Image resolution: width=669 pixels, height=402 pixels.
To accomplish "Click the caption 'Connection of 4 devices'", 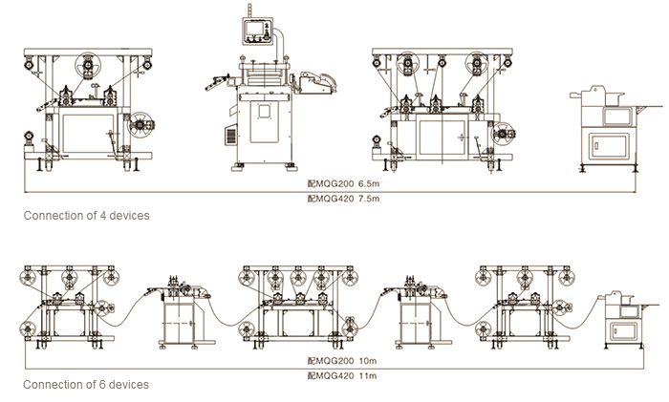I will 86,216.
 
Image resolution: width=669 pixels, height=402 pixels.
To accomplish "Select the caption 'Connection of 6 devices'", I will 86,385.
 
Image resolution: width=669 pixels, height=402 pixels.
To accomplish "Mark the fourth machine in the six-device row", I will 416,310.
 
